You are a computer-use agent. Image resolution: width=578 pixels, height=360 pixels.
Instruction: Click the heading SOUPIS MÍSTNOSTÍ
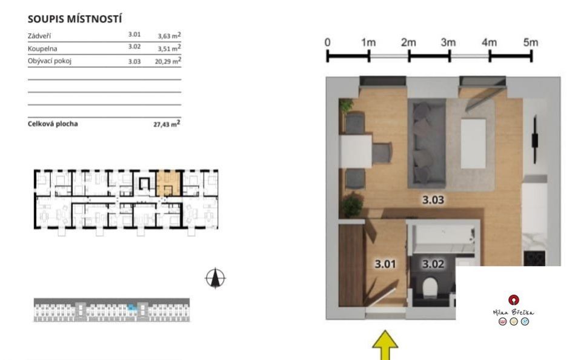coord(75,19)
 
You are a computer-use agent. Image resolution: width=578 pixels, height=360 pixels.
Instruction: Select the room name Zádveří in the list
coord(39,36)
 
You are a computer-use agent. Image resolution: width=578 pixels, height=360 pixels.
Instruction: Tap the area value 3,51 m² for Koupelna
coord(169,48)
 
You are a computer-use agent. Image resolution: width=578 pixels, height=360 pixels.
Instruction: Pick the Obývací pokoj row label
coord(50,61)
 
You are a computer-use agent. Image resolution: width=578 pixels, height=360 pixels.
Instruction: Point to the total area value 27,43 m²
coord(167,124)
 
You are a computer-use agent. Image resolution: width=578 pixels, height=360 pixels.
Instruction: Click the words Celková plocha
coord(53,124)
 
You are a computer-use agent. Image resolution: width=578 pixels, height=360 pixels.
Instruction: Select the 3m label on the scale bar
coord(448,42)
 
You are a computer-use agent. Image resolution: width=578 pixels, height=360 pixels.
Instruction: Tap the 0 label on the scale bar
coord(327,42)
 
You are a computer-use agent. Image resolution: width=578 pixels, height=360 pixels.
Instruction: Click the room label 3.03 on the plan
coord(433,200)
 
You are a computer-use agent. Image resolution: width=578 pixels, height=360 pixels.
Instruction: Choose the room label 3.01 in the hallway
coord(385,264)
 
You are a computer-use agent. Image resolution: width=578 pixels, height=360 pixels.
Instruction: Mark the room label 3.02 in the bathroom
coord(433,264)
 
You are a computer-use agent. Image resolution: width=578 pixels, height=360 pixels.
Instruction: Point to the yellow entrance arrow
coord(385,345)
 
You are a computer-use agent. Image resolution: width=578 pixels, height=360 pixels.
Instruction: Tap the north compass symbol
coord(216,278)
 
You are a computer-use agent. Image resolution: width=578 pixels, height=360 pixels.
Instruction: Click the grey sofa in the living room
coord(427,143)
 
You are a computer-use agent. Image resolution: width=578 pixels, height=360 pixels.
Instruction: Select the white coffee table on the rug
coord(473,143)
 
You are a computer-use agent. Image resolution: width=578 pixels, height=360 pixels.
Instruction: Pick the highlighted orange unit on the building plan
coord(168,183)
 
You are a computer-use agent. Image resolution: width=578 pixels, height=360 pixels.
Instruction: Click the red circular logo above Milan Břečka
coord(514,300)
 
